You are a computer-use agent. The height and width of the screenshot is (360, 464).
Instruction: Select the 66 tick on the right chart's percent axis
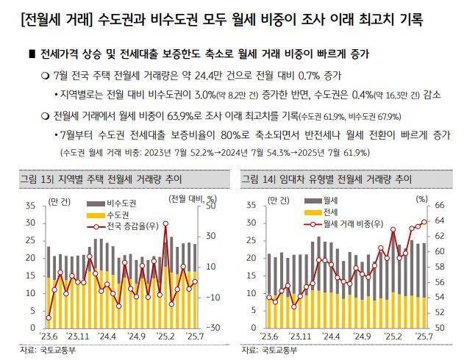(x=441, y=205)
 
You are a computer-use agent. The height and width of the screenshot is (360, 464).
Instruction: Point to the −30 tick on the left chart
(x=208, y=328)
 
